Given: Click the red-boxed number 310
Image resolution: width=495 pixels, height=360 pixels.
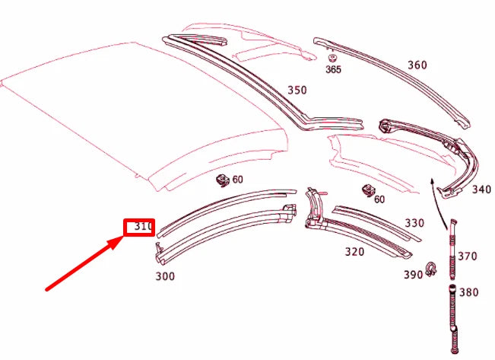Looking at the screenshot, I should tap(141, 227).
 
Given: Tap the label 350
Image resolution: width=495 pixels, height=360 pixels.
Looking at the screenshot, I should tap(297, 91).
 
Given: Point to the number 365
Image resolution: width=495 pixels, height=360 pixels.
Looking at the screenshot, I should tap(333, 70).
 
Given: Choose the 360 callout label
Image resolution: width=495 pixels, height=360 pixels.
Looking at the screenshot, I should tap(417, 65).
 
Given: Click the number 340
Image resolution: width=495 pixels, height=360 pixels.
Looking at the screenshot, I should tap(481, 190).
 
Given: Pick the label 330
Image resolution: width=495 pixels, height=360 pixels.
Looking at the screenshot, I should tap(414, 223).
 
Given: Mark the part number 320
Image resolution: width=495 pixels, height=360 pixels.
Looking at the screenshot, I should tap(354, 250).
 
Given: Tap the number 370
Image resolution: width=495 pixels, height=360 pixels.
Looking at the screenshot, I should tap(468, 256).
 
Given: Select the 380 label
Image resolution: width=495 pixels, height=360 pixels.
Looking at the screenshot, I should tap(469, 292).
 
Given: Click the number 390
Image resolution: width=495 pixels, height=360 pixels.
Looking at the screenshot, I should tap(413, 274).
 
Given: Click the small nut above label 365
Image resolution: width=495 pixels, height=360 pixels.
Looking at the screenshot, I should tap(332, 57).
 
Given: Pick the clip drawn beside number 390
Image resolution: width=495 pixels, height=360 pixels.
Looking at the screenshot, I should tap(432, 268).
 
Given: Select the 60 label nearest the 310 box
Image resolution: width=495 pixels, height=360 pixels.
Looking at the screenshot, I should tap(237, 180).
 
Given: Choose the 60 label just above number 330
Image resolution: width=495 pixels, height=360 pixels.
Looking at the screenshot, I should tap(379, 199).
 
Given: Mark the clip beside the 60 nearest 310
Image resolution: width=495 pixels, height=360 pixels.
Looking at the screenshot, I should tap(224, 180).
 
